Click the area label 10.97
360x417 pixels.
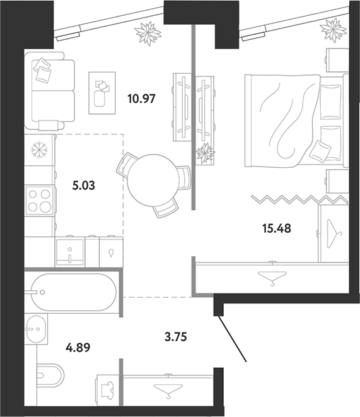(x=141, y=99)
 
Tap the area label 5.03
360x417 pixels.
(x=83, y=185)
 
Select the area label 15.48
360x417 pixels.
(x=277, y=228)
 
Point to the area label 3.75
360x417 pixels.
(x=176, y=337)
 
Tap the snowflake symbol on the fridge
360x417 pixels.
(x=39, y=150)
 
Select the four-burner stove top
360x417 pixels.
(x=39, y=201)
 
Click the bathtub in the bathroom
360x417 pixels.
(x=73, y=292)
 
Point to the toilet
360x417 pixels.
(x=50, y=376)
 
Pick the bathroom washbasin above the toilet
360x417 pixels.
(x=37, y=329)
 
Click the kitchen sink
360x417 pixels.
(x=70, y=252)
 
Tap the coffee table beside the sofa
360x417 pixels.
(x=102, y=93)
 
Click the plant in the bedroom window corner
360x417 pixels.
(x=333, y=29)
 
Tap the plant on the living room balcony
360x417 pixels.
(x=148, y=32)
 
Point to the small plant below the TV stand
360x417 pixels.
(x=205, y=153)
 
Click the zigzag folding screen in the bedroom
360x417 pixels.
(x=299, y=199)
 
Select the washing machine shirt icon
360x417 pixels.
(x=107, y=390)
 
